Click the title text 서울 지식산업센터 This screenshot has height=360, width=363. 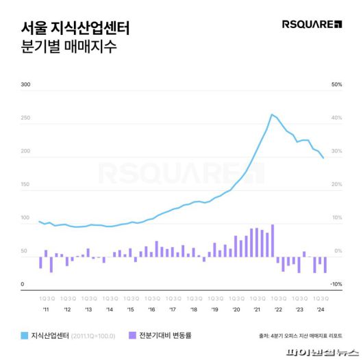[75, 29]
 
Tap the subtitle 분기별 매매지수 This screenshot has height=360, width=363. [68, 48]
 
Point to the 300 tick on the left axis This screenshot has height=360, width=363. [26, 85]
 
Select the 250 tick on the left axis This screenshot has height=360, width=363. [26, 118]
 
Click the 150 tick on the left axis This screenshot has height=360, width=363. [26, 185]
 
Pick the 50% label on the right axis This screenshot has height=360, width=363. [336, 85]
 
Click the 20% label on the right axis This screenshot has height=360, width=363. [336, 185]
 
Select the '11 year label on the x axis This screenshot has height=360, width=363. [45, 310]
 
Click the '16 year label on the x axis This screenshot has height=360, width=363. [151, 310]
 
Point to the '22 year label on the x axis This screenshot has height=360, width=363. [278, 310]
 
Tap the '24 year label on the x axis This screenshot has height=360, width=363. [320, 310]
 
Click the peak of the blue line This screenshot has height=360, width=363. [272, 114]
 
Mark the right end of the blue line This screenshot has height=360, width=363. [324, 159]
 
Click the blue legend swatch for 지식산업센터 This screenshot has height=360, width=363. [25, 335]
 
